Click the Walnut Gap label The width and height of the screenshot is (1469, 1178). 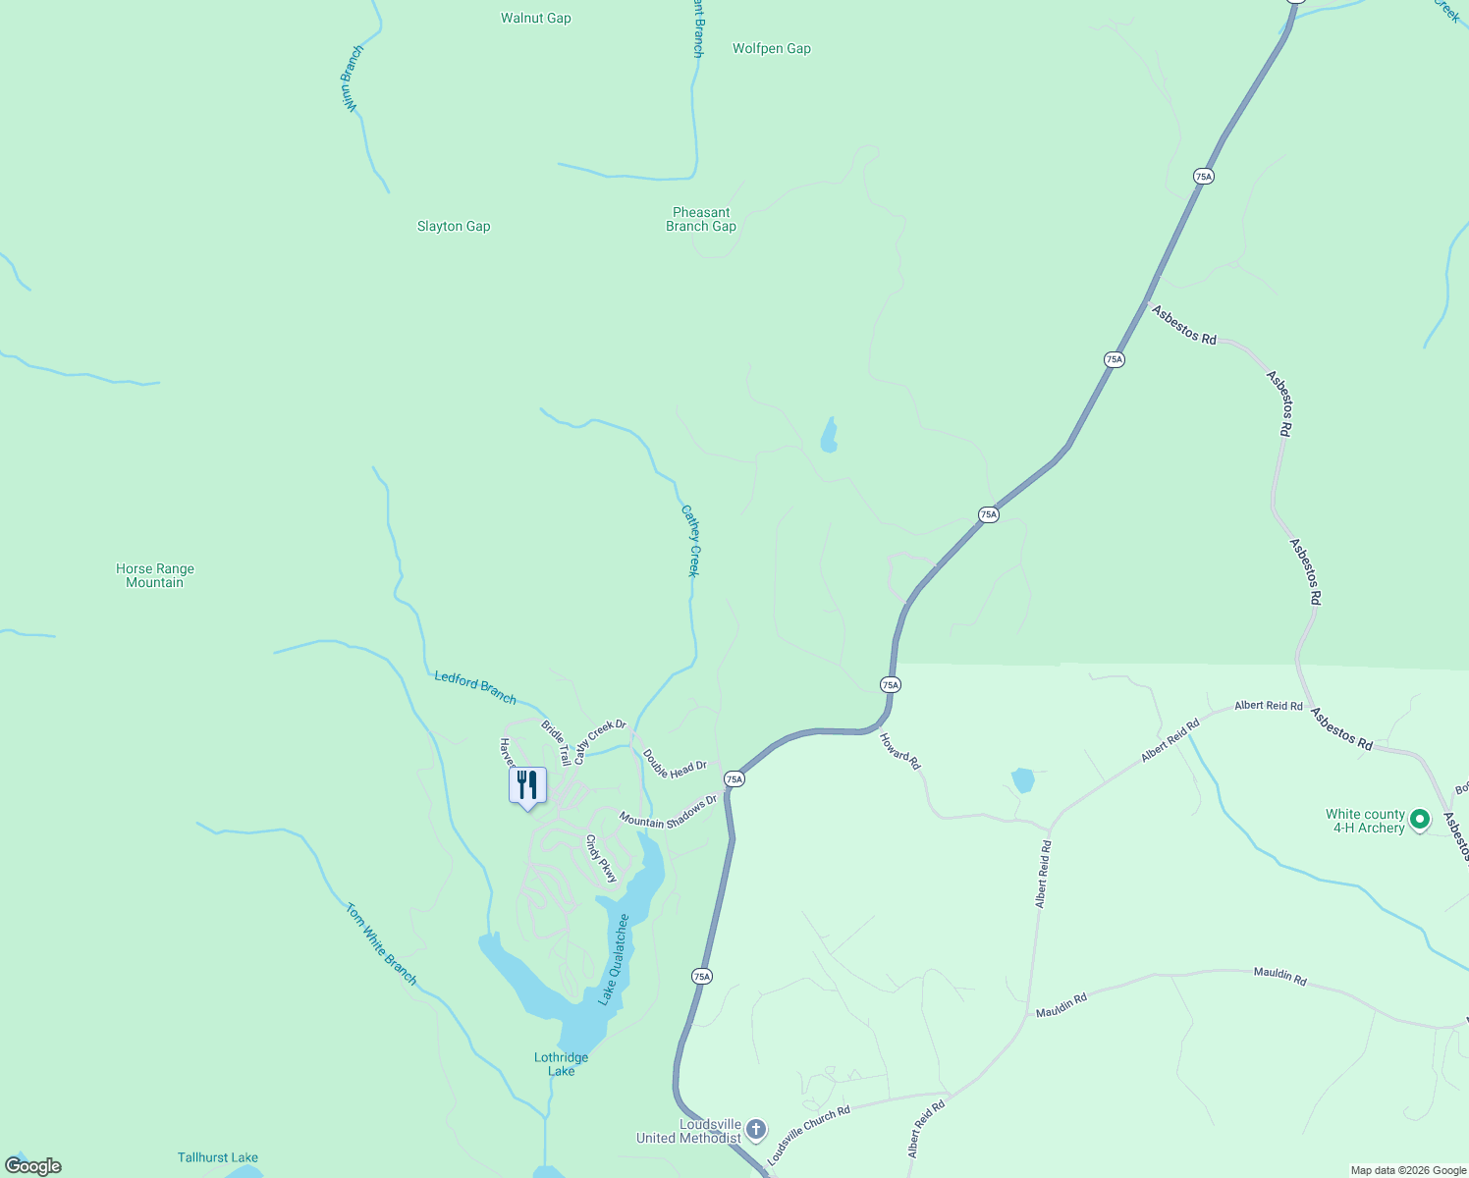pos(535,18)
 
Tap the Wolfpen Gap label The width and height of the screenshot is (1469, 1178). pos(772,48)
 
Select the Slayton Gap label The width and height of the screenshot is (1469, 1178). pos(454,226)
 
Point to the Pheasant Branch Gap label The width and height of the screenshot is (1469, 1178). pos(701,219)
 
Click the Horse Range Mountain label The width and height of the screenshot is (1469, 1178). pos(155,575)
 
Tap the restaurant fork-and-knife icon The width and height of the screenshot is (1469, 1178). pos(527,785)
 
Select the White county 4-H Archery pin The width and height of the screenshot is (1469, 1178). pos(1419,819)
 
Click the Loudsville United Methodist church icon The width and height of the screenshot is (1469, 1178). pos(755,1129)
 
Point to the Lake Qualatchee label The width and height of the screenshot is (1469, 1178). pos(615,959)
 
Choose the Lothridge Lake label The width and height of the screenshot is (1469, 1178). pos(562,1064)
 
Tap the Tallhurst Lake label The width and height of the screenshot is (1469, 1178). pos(218,1157)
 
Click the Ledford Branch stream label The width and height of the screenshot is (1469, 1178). pos(475,687)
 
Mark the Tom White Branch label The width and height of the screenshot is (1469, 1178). pos(381,943)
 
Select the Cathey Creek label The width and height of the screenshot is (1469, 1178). pos(691,541)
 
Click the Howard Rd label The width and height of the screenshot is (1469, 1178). pos(900,751)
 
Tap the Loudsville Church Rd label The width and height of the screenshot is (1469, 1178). pos(808,1137)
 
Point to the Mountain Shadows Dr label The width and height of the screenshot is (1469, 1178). pos(668,814)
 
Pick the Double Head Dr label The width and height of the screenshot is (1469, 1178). pos(675,765)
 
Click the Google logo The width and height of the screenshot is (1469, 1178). pos(33,1166)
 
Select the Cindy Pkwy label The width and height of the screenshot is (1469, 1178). pos(601,858)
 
